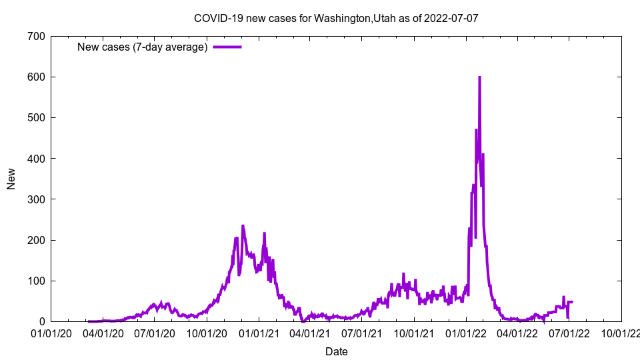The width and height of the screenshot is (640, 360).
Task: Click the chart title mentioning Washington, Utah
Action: pyautogui.click(x=336, y=18)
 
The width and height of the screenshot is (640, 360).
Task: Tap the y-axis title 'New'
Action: pyautogui.click(x=11, y=179)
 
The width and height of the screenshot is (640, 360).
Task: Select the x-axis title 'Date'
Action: pyautogui.click(x=336, y=351)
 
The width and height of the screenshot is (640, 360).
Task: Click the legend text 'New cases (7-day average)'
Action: pyautogui.click(x=143, y=47)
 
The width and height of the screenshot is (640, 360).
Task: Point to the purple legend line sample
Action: pyautogui.click(x=227, y=47)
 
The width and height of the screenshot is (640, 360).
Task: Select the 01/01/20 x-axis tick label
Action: pyautogui.click(x=51, y=333)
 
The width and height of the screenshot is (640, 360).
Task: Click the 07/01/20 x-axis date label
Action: pyautogui.click(x=155, y=333)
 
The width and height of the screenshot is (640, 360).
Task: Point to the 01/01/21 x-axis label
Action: pyautogui.click(x=259, y=333)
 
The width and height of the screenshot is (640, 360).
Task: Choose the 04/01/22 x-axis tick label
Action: pyautogui.click(x=517, y=333)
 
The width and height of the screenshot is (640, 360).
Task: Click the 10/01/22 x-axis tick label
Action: pyautogui.click(x=621, y=333)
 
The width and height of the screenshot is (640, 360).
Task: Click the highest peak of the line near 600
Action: pyautogui.click(x=479, y=77)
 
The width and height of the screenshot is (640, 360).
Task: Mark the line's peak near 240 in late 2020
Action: pyautogui.click(x=243, y=226)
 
